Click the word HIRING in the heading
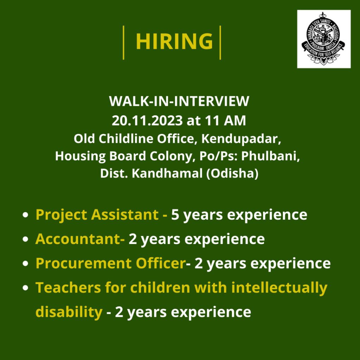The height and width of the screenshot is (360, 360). (x=174, y=41)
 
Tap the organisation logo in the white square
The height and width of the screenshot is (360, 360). (x=324, y=39)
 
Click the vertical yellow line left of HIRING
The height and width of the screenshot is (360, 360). (x=123, y=43)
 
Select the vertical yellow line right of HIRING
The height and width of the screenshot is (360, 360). (x=220, y=43)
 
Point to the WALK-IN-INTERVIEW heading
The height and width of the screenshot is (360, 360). (x=179, y=101)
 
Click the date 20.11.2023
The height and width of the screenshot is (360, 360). (x=147, y=121)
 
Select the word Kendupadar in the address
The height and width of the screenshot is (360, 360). (x=241, y=139)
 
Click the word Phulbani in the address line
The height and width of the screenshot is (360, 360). (x=270, y=156)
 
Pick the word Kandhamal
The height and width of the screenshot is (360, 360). (x=167, y=173)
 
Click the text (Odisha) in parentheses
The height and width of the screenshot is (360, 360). (x=232, y=174)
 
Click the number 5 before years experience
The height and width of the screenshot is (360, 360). (x=175, y=214)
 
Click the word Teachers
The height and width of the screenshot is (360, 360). (x=68, y=288)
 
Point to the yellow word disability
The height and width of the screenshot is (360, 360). (x=69, y=312)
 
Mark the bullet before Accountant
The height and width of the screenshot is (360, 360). (x=25, y=239)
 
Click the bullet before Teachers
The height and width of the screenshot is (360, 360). (x=25, y=288)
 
